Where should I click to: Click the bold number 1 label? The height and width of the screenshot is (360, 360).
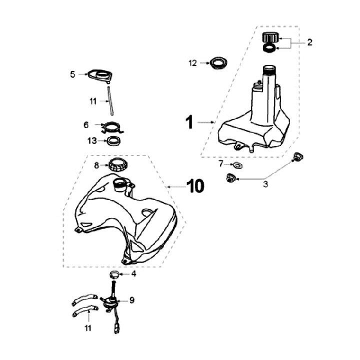coord(189,121)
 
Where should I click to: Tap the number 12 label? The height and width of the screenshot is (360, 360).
coord(193,63)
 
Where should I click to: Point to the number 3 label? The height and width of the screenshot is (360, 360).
coord(265,184)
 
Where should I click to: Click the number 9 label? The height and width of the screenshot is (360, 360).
coord(132,300)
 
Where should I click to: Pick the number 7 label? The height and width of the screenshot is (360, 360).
coord(220,163)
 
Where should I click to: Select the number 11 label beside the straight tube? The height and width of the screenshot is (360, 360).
coord(92,101)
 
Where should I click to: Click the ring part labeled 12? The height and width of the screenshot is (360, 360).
coord(217,63)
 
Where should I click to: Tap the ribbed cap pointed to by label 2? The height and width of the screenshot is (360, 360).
coord(270,37)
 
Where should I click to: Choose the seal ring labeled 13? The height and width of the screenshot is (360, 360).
coord(113,140)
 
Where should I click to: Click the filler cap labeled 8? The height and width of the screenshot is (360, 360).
coord(117,164)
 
